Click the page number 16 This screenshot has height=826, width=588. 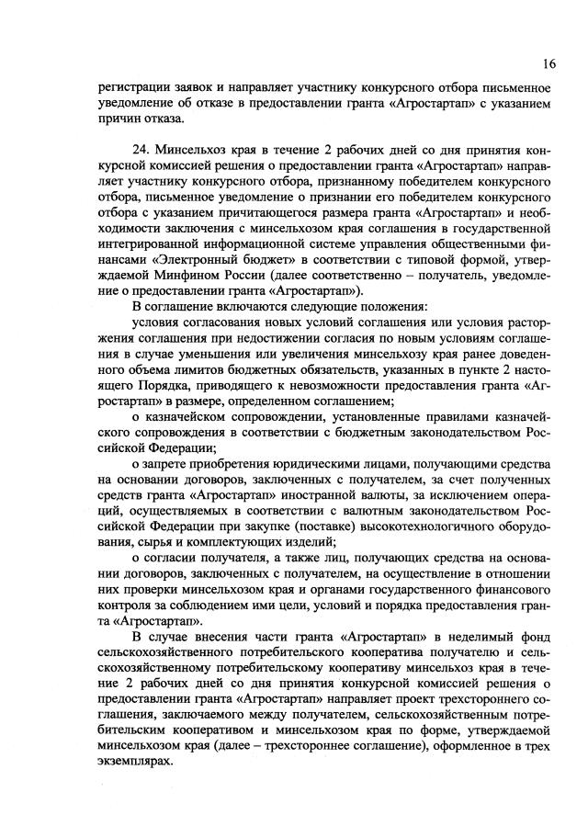point(548,62)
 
